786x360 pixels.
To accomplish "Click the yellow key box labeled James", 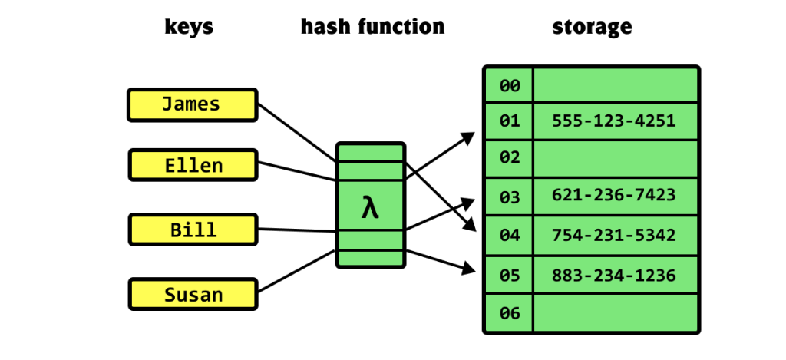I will pos(191,104).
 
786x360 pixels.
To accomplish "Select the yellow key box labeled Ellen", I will pos(193,165).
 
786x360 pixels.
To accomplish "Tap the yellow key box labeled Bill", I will pos(193,230).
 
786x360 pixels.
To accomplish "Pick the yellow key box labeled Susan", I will pos(193,294).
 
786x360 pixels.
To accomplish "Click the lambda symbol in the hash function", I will pos(370,206).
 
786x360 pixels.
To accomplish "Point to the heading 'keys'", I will pos(189,28).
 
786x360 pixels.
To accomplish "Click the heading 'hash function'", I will pos(372,28).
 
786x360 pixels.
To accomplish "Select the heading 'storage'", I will pos(592,28).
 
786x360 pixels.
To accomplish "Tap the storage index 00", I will pos(510,85).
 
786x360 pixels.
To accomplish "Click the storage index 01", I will pos(510,121).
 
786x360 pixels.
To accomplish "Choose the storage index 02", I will pos(510,158).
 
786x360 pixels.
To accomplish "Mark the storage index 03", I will pos(510,197).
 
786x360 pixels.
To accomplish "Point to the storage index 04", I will pos(510,235).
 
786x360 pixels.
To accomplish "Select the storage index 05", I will pos(510,275).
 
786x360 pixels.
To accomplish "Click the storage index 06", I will pos(510,313).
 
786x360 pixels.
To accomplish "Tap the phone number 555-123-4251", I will pos(613,121).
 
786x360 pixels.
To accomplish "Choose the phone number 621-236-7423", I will pos(613,196).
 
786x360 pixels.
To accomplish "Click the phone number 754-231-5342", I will pos(613,234).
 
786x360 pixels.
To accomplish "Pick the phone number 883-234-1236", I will pos(613,274).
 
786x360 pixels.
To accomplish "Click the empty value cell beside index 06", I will pos(615,313).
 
